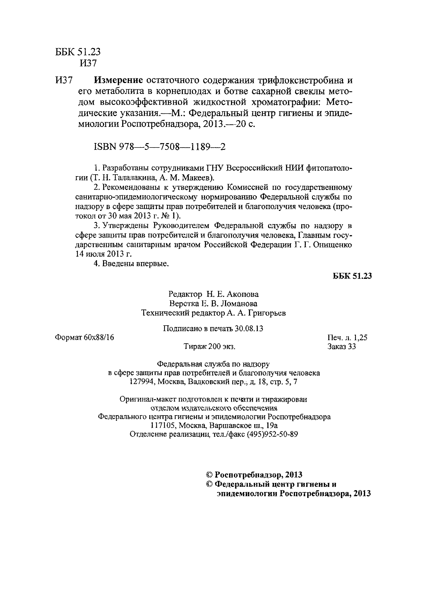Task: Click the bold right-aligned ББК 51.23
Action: coord(352,276)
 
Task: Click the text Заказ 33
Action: coord(342,347)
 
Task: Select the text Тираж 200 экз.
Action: coord(209,347)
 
